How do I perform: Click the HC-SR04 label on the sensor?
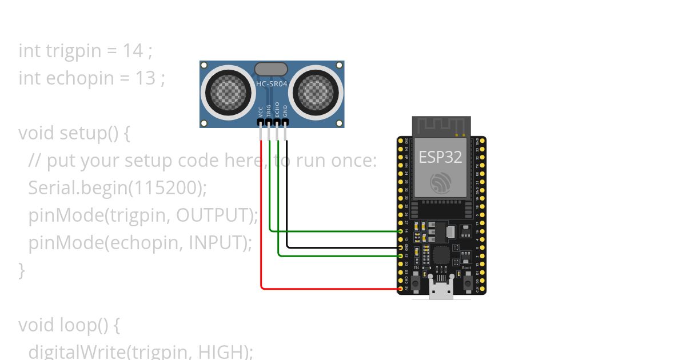(x=272, y=83)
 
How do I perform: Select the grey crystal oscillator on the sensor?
(x=271, y=69)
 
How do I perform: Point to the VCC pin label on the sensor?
(x=261, y=111)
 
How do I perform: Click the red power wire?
(x=262, y=229)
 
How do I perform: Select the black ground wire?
(x=343, y=247)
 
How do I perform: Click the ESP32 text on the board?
(x=440, y=157)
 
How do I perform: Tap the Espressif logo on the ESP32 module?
(x=441, y=182)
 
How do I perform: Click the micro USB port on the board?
(x=441, y=290)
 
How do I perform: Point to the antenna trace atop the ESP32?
(x=441, y=126)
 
